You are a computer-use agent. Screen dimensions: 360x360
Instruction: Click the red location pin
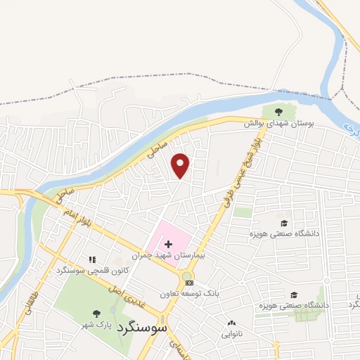(x=181, y=165)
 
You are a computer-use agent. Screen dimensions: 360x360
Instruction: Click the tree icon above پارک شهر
(x=96, y=314)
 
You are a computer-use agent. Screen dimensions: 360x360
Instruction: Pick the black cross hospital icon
(x=167, y=243)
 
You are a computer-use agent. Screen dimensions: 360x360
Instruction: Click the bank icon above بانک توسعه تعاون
(x=188, y=283)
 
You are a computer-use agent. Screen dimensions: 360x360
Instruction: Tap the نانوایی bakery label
(x=231, y=335)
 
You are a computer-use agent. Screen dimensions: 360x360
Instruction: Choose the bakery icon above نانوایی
(x=231, y=323)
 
